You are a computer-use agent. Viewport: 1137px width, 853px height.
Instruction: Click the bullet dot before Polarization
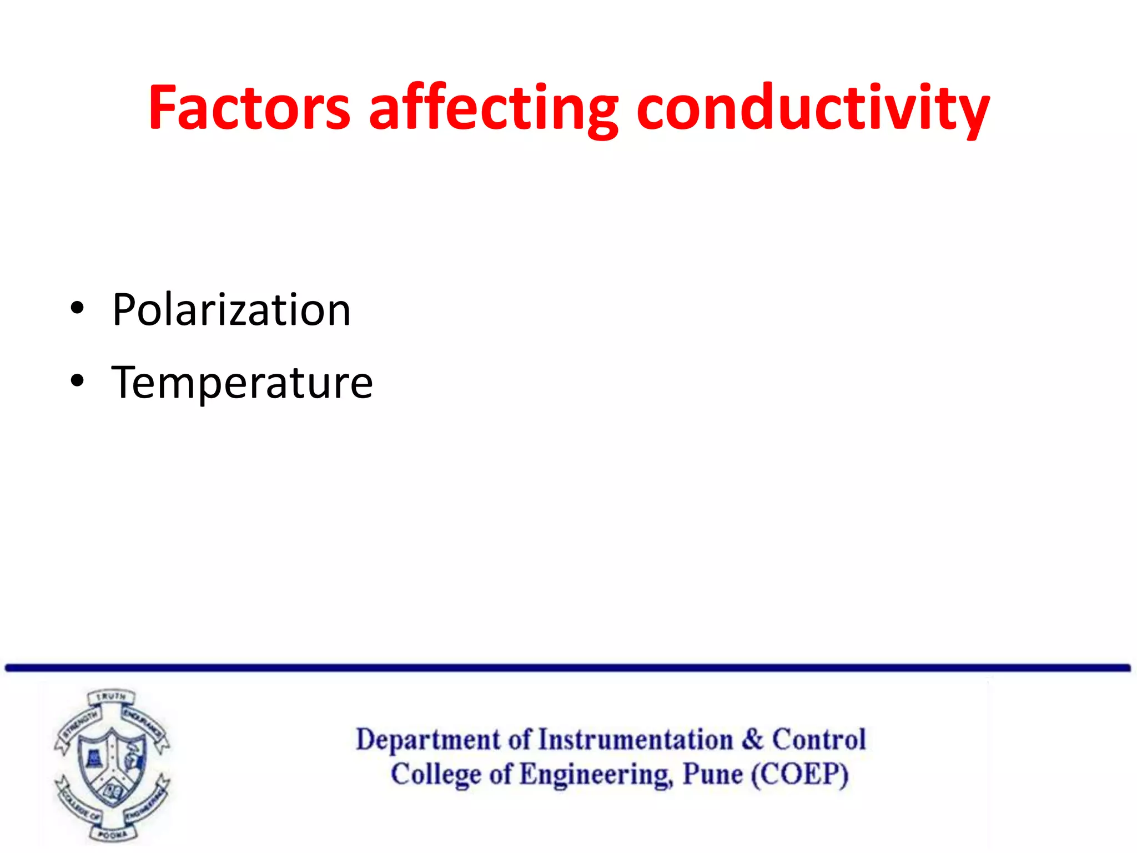click(x=77, y=308)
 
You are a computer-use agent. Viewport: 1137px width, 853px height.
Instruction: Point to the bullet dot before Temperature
click(x=77, y=381)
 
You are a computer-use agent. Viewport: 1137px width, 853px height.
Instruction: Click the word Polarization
click(x=231, y=310)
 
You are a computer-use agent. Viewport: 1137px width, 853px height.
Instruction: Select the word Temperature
click(x=242, y=383)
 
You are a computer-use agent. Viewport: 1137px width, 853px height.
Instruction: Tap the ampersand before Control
click(x=752, y=739)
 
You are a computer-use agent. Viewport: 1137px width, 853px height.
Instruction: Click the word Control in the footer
click(x=819, y=739)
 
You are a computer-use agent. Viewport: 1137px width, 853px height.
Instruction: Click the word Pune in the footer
click(x=712, y=774)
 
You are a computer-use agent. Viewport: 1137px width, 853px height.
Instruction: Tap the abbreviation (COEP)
click(x=799, y=774)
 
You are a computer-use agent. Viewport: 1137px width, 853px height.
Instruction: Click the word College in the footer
click(x=436, y=775)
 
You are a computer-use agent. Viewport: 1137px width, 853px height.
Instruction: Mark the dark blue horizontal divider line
click(x=567, y=668)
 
